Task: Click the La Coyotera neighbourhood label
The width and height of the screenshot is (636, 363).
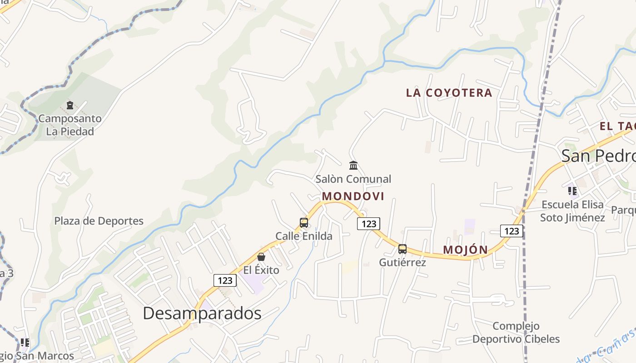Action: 449,93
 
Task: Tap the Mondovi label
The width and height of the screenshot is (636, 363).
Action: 353,196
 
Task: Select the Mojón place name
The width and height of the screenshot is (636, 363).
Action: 465,250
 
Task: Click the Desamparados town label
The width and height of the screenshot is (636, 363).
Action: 202,313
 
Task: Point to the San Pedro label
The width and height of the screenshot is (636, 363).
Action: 598,156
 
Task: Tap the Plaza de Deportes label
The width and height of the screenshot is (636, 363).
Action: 99,221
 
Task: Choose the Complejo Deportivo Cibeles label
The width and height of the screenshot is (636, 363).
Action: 516,333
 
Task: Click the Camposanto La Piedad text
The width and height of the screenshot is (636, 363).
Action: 70,125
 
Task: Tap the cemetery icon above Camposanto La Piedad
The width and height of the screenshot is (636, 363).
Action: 70,105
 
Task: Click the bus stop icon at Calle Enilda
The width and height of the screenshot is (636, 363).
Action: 304,223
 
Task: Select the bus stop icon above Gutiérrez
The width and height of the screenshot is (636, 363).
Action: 402,249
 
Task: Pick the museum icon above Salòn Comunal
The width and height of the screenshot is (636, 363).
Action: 353,165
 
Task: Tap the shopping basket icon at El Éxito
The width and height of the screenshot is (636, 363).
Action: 261,257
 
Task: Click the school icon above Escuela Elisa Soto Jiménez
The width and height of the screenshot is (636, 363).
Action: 572,191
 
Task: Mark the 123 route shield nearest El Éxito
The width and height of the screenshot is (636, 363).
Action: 225,280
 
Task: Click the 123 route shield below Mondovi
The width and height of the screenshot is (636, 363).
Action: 368,223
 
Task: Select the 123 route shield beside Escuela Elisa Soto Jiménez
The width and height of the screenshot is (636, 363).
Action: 512,231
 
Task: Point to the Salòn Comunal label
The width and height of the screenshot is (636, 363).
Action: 353,179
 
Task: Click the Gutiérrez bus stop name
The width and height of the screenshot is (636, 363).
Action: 402,262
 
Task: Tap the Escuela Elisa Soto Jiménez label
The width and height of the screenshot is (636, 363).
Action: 572,211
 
